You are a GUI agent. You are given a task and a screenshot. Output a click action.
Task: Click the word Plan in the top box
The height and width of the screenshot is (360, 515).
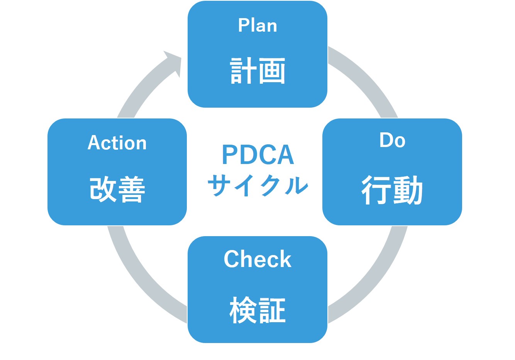[257, 25]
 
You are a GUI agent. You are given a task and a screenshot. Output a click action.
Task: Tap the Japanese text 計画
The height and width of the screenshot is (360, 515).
[257, 71]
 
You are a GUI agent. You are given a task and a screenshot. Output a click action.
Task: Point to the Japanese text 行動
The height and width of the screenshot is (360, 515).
[392, 190]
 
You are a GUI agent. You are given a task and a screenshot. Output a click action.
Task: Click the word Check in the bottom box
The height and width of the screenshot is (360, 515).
[257, 259]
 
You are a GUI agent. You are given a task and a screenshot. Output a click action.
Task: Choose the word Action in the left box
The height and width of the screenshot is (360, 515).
[117, 143]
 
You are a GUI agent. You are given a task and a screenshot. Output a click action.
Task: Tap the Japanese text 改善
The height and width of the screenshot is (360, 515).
[117, 189]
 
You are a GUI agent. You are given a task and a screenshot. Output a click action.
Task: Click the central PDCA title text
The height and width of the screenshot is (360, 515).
[258, 155]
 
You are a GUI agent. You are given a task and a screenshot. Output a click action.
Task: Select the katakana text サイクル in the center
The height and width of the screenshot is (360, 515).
[258, 185]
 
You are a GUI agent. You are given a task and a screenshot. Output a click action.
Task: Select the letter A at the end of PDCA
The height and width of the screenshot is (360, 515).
[286, 155]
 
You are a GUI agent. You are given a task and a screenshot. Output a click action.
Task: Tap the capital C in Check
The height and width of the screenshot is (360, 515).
[232, 259]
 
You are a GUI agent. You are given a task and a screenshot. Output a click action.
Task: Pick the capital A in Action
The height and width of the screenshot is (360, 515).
[94, 143]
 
